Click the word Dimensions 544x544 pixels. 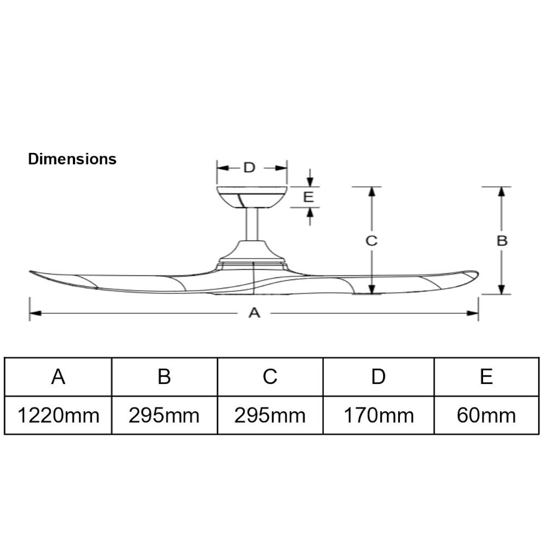click(72, 159)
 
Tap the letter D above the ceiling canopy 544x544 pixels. click(249, 167)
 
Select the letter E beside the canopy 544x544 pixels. click(308, 197)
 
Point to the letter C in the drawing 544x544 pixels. click(371, 240)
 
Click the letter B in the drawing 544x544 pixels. click(502, 240)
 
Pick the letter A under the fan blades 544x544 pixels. click(254, 313)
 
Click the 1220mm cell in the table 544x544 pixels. click(58, 416)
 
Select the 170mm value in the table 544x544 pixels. click(379, 416)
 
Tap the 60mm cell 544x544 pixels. click(486, 416)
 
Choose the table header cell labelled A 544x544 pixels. click(58, 376)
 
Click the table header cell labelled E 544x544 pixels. click(486, 376)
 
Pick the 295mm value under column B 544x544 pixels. click(164, 416)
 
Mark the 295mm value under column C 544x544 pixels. click(270, 416)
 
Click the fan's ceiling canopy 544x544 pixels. click(251, 197)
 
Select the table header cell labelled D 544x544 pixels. click(379, 376)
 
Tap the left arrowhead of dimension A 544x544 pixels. click(34, 313)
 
